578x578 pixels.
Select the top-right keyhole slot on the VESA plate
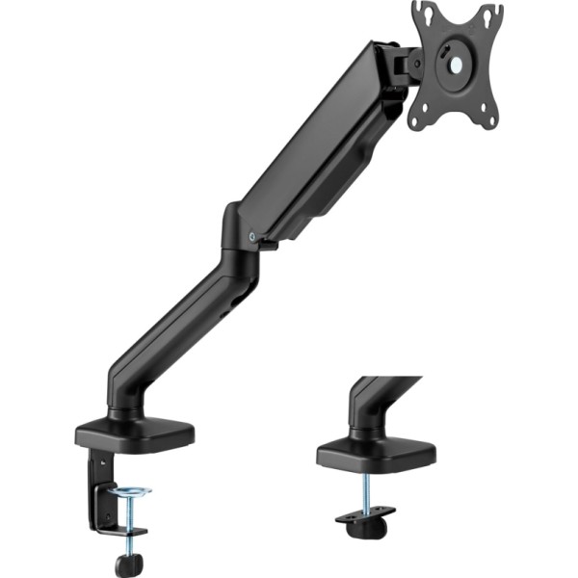488,14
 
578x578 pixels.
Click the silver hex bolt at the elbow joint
251,234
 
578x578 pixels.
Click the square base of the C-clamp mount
135,433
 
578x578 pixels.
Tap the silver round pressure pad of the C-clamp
129,492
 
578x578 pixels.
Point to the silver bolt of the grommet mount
368,491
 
